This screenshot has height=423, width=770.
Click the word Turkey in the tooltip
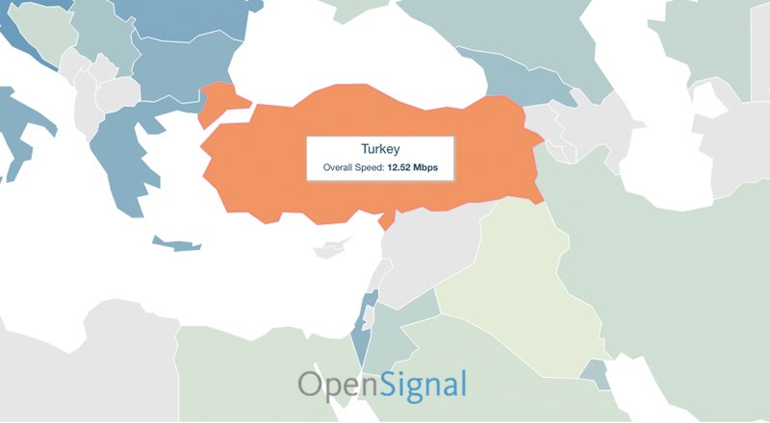[380, 150]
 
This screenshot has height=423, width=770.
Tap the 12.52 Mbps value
[412, 168]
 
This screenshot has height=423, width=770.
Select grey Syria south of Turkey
[423, 240]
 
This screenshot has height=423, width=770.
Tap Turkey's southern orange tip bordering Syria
[387, 220]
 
